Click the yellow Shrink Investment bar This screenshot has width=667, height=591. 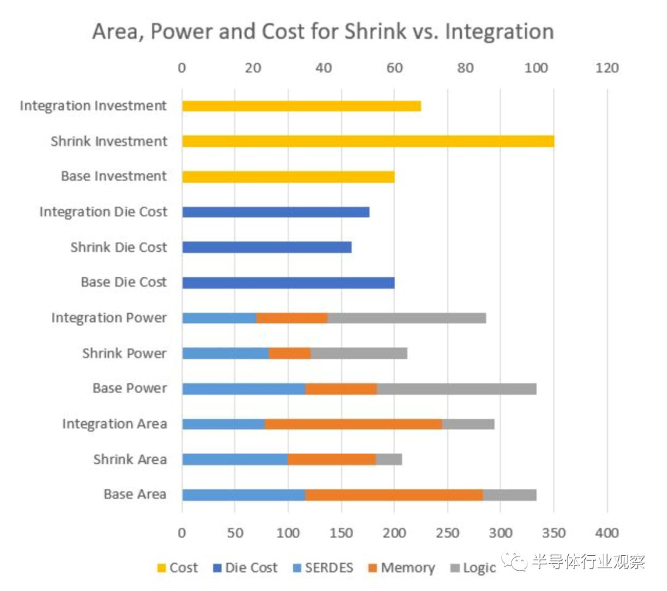point(367,141)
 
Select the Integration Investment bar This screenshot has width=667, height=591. point(301,106)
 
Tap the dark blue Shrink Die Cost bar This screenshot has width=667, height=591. point(267,248)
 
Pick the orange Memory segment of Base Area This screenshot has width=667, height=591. point(394,495)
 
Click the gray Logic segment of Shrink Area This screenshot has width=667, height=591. point(388,459)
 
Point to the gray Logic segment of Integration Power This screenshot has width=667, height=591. point(406,318)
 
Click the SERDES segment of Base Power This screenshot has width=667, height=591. point(243,389)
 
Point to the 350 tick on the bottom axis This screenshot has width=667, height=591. point(554,533)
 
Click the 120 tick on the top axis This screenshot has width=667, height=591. point(607,69)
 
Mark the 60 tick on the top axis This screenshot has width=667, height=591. point(394,69)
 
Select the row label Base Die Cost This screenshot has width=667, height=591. point(124,282)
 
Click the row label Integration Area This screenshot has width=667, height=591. point(114,424)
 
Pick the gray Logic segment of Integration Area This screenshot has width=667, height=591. point(468,424)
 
